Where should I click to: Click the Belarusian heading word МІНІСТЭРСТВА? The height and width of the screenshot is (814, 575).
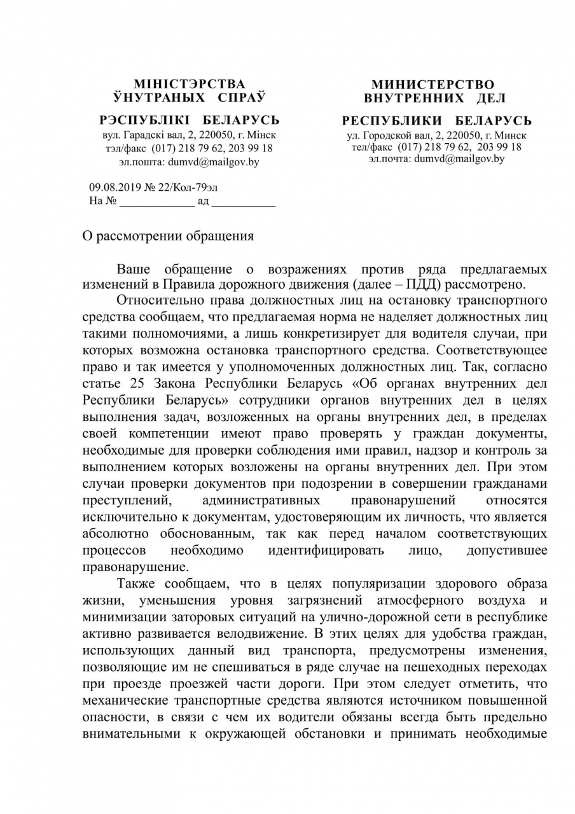(x=189, y=84)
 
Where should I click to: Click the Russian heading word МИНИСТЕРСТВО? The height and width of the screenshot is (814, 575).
(x=433, y=85)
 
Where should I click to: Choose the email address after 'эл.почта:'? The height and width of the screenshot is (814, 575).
(x=459, y=159)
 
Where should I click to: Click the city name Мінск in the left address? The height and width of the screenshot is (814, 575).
(x=262, y=135)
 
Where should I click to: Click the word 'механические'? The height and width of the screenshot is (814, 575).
(x=125, y=700)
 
